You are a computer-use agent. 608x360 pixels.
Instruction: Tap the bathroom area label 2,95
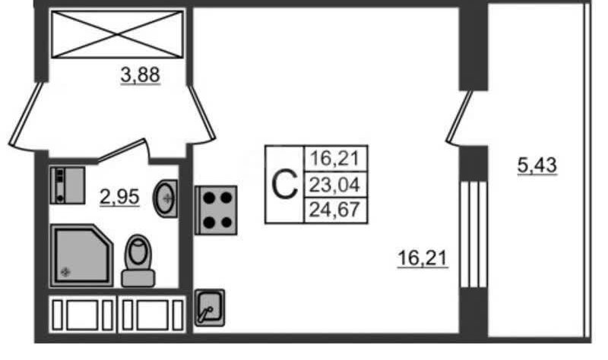119,197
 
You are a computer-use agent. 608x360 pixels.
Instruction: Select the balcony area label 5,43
537,164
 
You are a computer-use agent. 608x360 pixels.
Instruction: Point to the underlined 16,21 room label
423,258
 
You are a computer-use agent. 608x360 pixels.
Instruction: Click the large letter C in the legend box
284,185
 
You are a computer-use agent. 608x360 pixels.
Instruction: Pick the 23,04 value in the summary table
335,185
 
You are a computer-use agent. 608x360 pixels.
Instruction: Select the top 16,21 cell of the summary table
335,159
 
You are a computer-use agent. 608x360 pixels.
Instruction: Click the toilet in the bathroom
138,260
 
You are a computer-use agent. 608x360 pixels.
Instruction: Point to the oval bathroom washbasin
166,197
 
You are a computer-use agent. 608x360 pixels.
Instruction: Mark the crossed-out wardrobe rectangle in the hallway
117,33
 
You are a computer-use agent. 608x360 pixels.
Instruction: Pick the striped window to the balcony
473,234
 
